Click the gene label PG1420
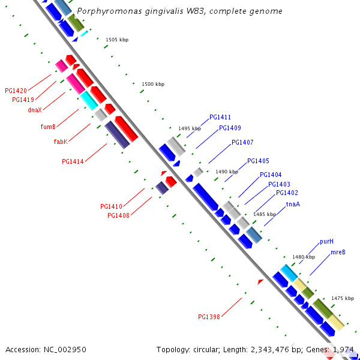[16, 91]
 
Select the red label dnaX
[35, 110]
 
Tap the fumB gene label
[48, 127]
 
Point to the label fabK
[61, 142]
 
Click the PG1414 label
[73, 161]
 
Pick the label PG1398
[209, 317]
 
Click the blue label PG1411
[220, 118]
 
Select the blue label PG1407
[242, 143]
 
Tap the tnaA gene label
[293, 204]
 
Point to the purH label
[326, 241]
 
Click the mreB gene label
[338, 253]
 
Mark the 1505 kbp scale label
[117, 40]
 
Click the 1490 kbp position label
[227, 172]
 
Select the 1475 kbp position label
[342, 298]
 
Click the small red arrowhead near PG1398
[260, 281]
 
